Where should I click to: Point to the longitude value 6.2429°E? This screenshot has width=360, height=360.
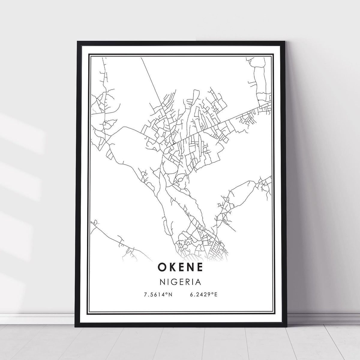pyautogui.click(x=203, y=295)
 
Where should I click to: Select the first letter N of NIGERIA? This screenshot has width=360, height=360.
pyautogui.click(x=163, y=282)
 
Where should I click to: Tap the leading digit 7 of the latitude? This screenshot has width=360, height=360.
pyautogui.click(x=146, y=295)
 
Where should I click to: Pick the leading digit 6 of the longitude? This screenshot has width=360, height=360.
pyautogui.click(x=191, y=295)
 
